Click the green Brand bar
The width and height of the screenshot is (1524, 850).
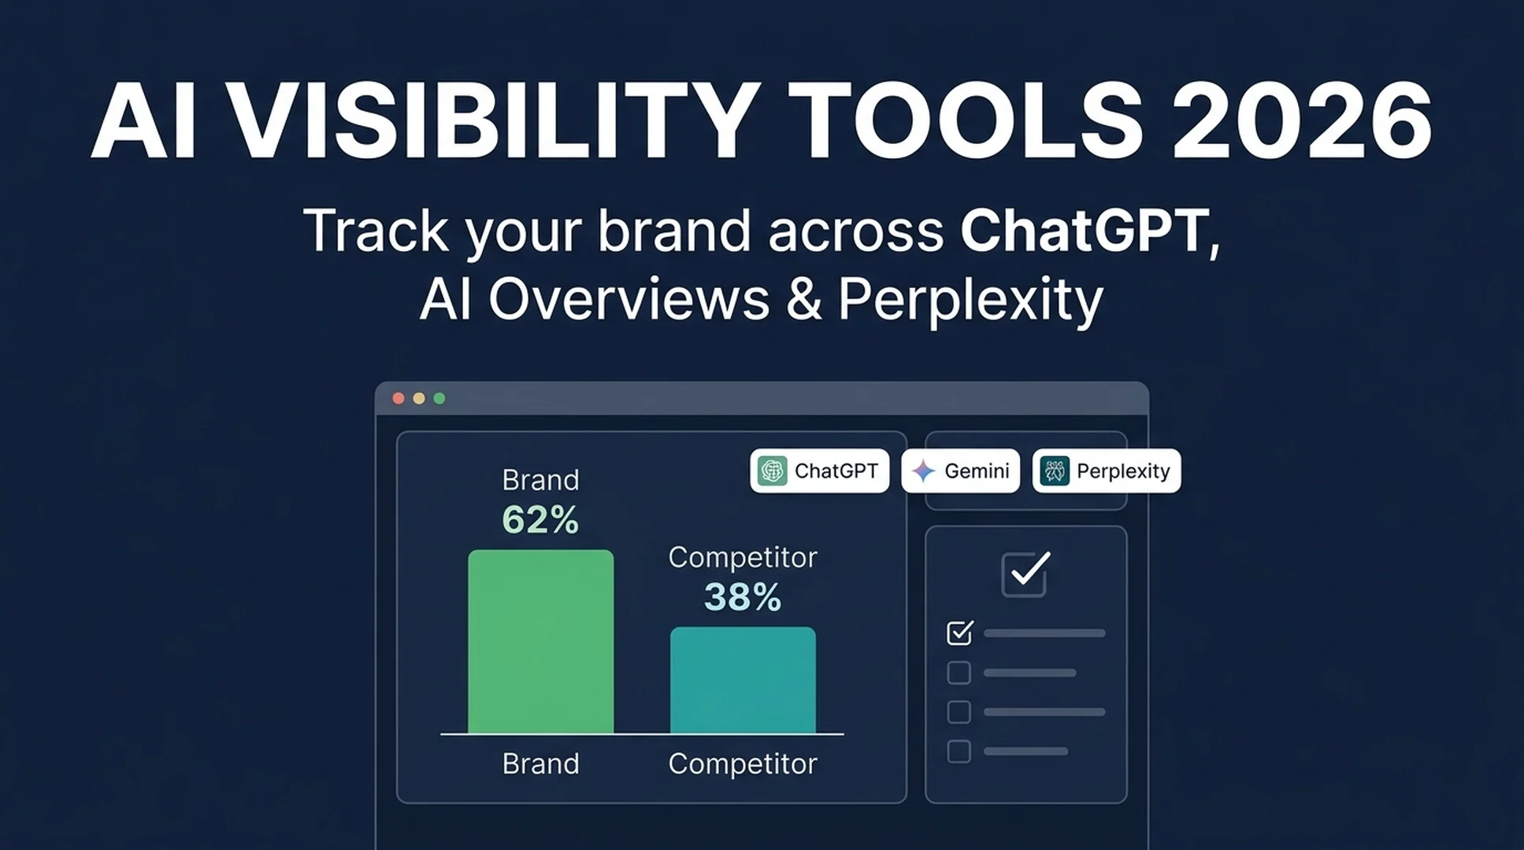pos(540,641)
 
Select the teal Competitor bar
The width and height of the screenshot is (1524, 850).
pos(743,680)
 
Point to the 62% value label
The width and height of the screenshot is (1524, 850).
pos(540,520)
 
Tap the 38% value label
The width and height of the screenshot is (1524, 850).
pos(743,597)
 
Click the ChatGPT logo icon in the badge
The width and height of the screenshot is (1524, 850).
pos(772,471)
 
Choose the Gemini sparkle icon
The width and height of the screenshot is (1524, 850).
pos(923,471)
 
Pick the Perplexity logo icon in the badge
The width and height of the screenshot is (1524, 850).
pos(1055,471)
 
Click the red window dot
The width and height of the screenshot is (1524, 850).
pos(399,398)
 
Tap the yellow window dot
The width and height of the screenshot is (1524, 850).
pos(419,398)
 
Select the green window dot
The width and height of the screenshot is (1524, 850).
pos(439,398)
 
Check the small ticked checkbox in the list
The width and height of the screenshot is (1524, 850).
pos(959,633)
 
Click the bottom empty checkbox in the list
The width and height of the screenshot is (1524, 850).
pos(959,752)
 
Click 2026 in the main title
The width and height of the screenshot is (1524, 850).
pos(1301,121)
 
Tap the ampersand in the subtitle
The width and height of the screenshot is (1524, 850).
pos(803,299)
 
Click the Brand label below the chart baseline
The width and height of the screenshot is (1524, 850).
pos(540,763)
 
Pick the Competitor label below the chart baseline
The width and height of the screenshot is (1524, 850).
pos(743,764)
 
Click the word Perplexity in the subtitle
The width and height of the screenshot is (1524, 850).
pos(970,302)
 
